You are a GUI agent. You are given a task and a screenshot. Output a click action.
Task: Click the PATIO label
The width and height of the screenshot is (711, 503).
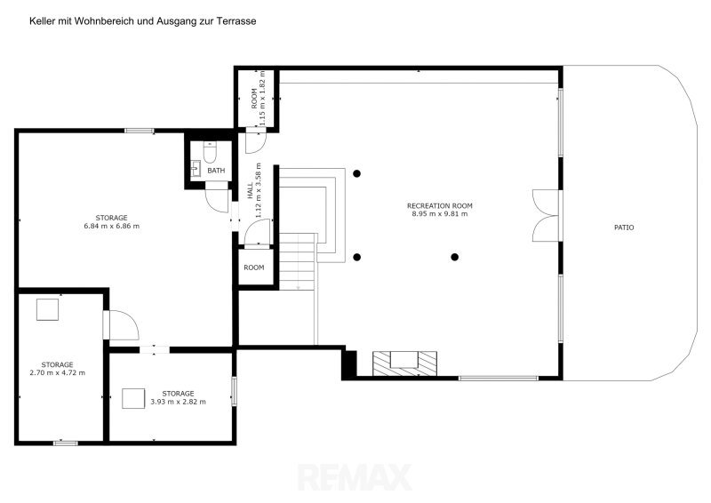pyautogui.click(x=624, y=228)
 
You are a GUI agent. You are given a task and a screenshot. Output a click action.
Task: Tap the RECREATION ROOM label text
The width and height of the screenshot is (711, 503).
pyautogui.click(x=439, y=205)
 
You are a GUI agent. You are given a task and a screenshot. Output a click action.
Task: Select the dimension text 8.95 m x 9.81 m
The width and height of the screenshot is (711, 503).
pyautogui.click(x=439, y=213)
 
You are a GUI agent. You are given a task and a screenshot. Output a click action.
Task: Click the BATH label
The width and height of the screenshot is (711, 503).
pyautogui.click(x=216, y=171)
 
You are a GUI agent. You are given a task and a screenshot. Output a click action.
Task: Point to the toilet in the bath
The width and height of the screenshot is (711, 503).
pyautogui.click(x=210, y=152)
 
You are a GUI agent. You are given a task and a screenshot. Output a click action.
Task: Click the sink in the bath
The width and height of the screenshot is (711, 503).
pyautogui.click(x=196, y=169)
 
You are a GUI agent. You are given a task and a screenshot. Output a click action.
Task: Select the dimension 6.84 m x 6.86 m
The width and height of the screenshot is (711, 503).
pyautogui.click(x=112, y=226)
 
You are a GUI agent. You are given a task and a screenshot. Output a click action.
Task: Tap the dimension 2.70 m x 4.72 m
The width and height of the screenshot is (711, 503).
pyautogui.click(x=57, y=373)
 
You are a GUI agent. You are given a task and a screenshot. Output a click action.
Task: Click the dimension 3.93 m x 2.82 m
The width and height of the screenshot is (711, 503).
pyautogui.click(x=178, y=402)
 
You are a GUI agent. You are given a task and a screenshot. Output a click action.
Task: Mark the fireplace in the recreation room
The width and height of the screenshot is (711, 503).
pyautogui.click(x=404, y=363)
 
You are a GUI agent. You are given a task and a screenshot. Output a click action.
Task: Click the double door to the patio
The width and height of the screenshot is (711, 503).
pyautogui.click(x=547, y=215)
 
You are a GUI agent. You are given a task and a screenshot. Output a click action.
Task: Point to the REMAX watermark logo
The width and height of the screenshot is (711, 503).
pyautogui.click(x=355, y=477)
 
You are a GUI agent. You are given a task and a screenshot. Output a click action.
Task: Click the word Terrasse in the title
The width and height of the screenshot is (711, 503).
pyautogui.click(x=240, y=20)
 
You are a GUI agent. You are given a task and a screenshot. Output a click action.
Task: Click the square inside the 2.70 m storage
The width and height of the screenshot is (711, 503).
pyautogui.click(x=48, y=310)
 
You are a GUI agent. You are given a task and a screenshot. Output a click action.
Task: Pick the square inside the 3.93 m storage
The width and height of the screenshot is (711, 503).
pyautogui.click(x=133, y=399)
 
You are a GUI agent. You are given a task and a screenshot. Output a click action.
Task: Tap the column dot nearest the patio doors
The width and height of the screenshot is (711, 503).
pyautogui.click(x=455, y=257)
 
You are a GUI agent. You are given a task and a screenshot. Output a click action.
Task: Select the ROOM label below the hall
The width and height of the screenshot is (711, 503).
pyautogui.click(x=254, y=267)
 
